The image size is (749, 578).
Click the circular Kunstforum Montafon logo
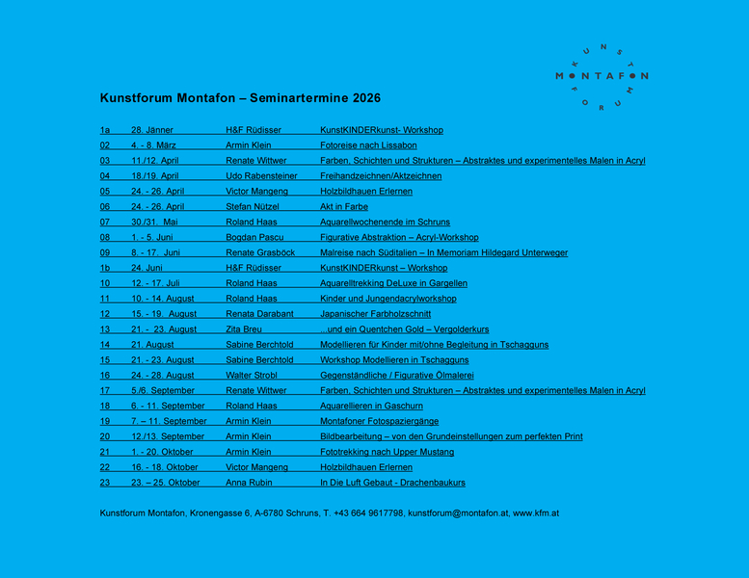click(x=602, y=76)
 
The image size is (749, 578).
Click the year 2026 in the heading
click(x=365, y=98)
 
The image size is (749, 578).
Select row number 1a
click(x=105, y=130)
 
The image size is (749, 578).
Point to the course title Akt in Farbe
click(x=344, y=207)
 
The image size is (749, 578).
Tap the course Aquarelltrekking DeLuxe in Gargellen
click(x=393, y=283)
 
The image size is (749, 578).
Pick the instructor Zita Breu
click(x=245, y=329)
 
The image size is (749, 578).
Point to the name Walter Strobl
click(x=252, y=375)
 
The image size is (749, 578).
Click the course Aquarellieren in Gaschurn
click(x=371, y=406)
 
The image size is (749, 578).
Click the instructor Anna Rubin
click(x=249, y=483)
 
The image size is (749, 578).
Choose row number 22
click(x=105, y=467)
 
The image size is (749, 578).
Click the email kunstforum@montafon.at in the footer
click(x=458, y=513)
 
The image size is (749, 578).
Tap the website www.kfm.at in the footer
click(x=536, y=513)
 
